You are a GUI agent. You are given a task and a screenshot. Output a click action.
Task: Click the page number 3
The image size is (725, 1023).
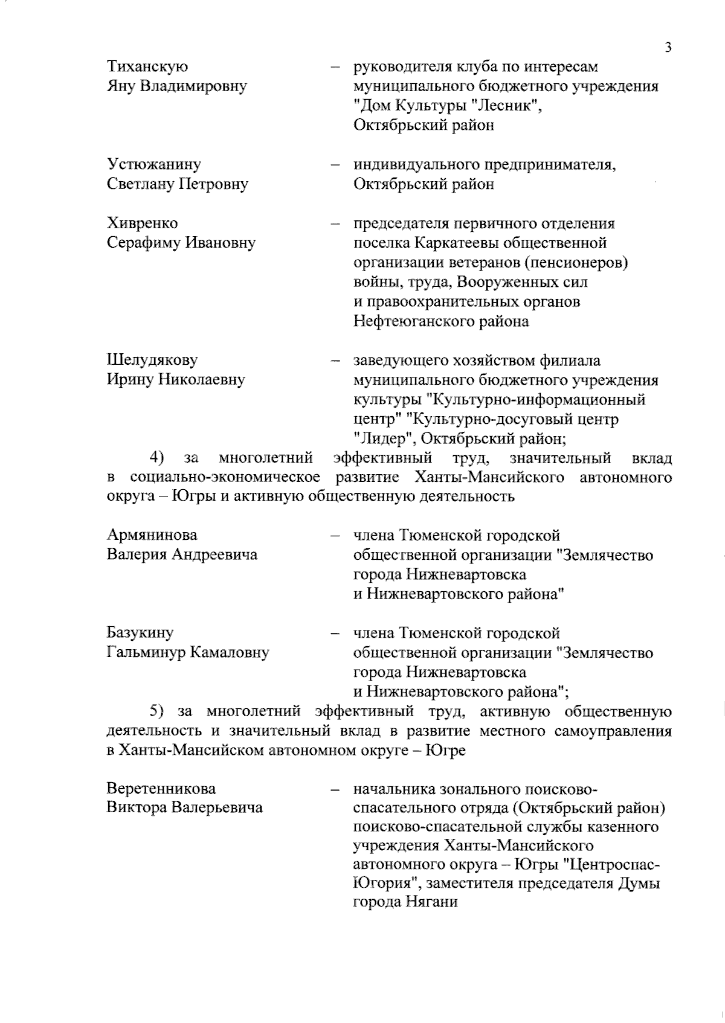pos(668,48)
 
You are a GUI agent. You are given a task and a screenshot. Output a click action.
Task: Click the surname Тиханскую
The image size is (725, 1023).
pos(147,66)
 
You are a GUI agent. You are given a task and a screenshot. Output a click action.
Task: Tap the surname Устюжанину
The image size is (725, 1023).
pos(154,164)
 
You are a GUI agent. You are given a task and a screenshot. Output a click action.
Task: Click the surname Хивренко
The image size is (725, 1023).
pos(143,223)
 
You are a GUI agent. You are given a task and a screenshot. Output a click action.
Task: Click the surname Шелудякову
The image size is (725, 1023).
pos(152,360)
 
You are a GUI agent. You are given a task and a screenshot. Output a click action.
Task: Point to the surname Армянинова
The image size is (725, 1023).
pos(152,535)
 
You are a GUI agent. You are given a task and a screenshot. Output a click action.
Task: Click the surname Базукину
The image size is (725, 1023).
pos(140,633)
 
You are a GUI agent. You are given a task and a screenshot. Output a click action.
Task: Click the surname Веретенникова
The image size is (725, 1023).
pos(161,789)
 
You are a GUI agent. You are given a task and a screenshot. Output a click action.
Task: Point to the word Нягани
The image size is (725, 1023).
pos(430,903)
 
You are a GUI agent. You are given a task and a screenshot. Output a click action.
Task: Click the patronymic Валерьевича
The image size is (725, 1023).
pos(217,808)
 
